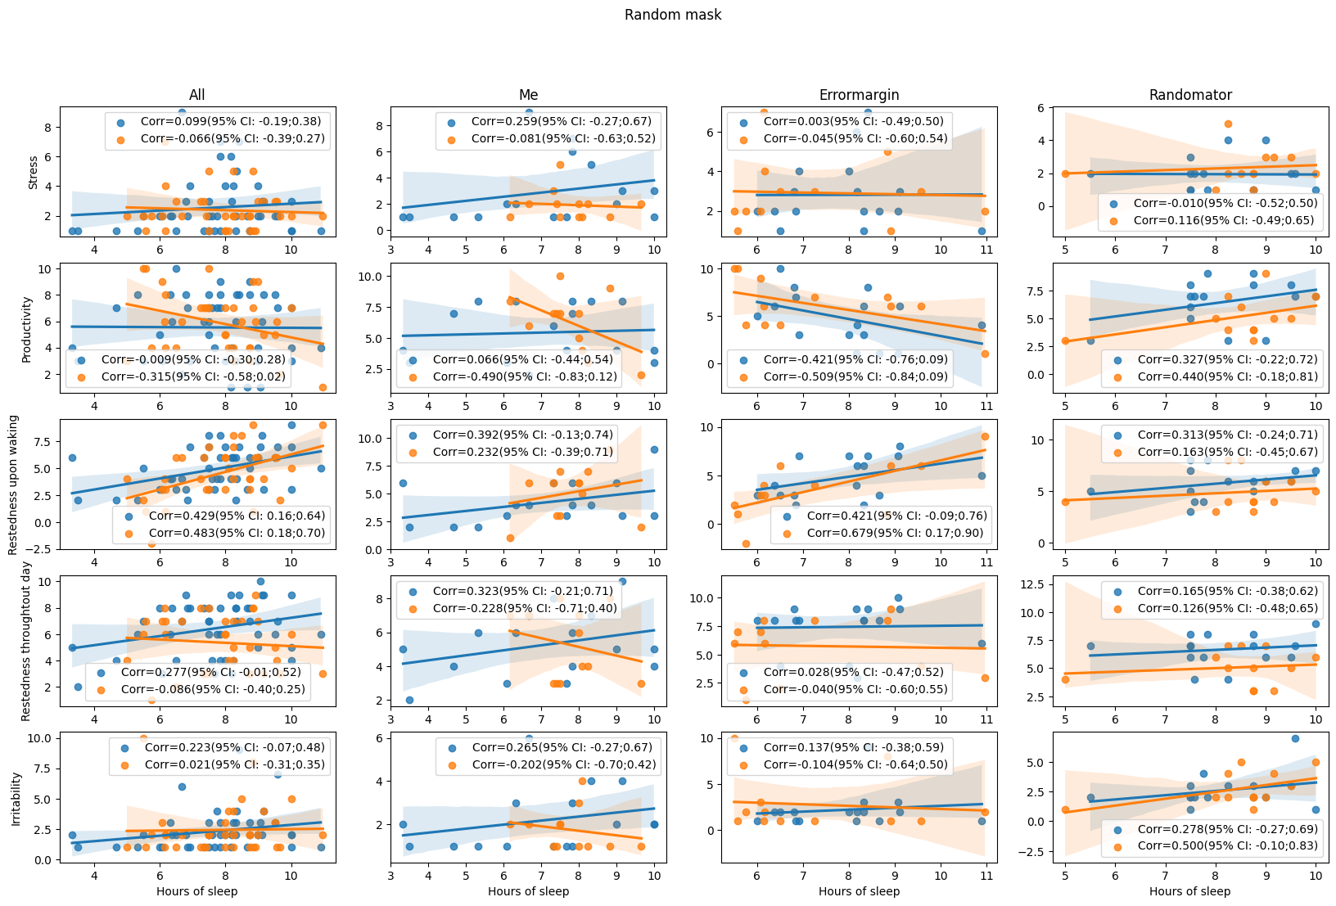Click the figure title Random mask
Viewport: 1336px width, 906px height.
(x=672, y=15)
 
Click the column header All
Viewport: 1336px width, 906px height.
(x=196, y=95)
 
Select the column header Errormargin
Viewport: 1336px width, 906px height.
(x=859, y=95)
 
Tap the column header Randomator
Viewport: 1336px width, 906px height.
(x=1189, y=95)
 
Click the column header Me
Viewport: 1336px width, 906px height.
(x=528, y=95)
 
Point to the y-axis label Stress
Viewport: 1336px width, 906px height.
(x=34, y=173)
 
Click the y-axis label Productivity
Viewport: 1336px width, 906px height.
(x=26, y=329)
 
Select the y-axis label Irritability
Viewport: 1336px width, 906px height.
(x=16, y=797)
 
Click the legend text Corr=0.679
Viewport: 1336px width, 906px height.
(x=896, y=533)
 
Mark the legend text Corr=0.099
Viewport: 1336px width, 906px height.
(x=230, y=121)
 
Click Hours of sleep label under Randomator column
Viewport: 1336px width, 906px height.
(x=1189, y=891)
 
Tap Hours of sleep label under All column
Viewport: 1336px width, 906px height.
(x=196, y=891)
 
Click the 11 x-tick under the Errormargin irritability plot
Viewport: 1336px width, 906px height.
(x=986, y=877)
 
